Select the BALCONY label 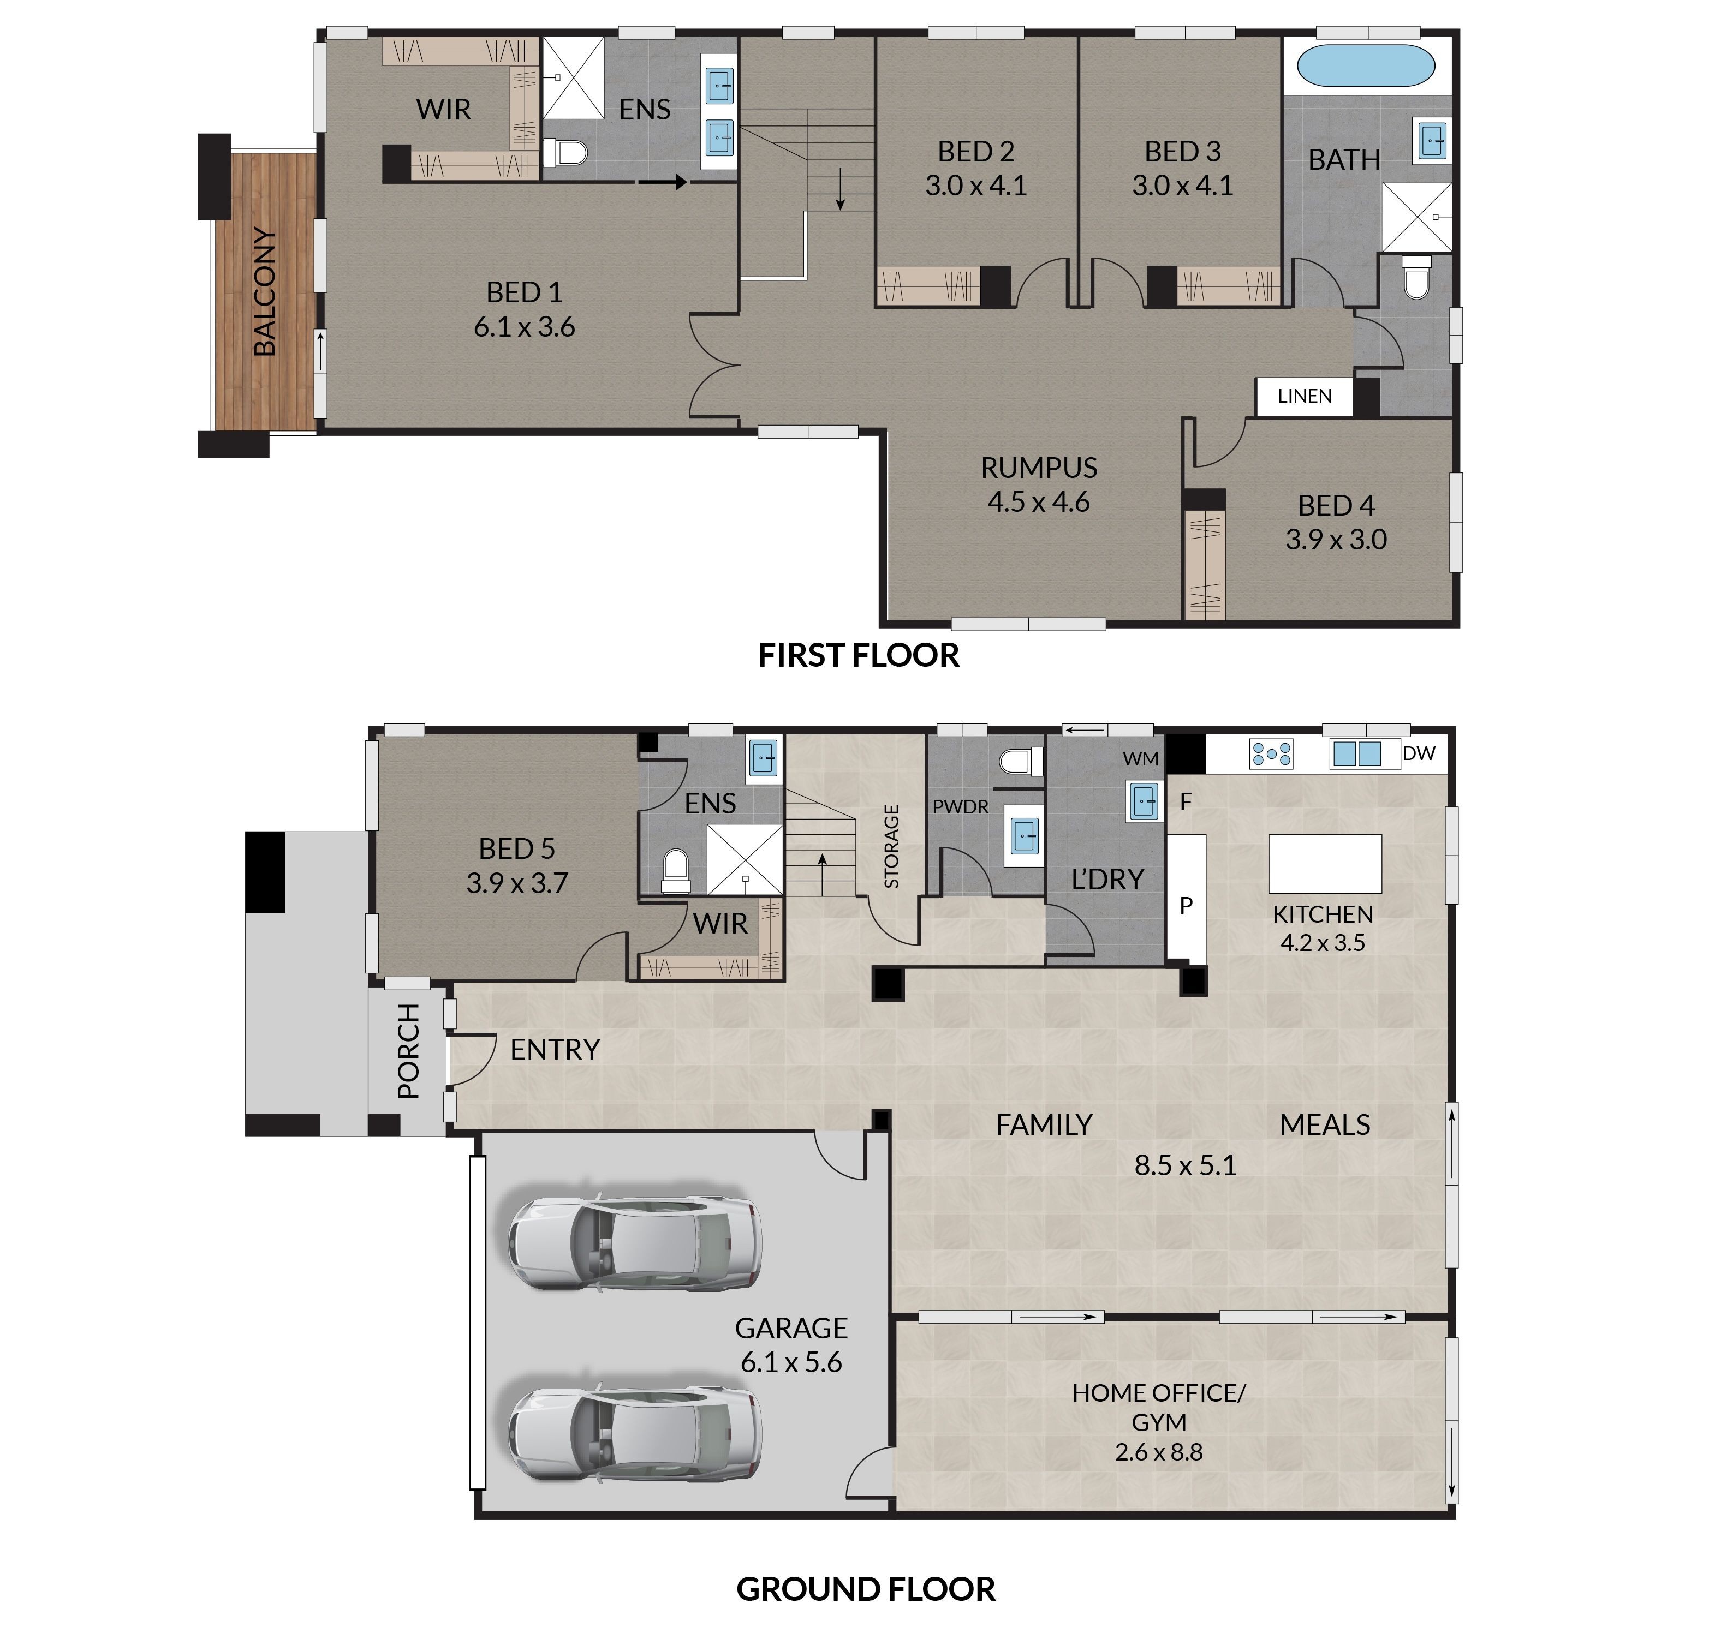click(x=264, y=292)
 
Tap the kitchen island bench click(x=1325, y=863)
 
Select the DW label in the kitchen click(x=1419, y=753)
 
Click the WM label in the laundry click(x=1141, y=759)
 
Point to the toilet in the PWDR click(x=1021, y=762)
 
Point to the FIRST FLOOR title click(x=858, y=655)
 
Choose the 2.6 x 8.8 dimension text click(x=1158, y=1452)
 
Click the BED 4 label click(x=1336, y=505)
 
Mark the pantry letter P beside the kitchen click(x=1186, y=905)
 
